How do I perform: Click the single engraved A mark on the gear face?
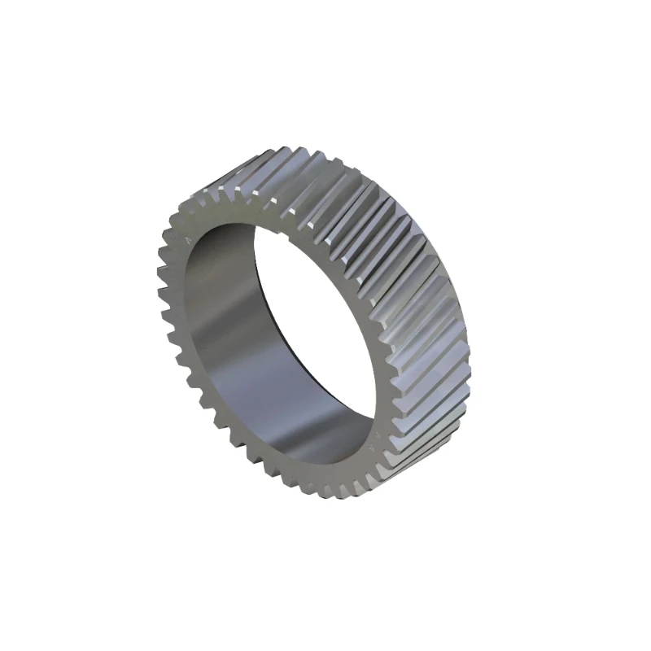[190, 241]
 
